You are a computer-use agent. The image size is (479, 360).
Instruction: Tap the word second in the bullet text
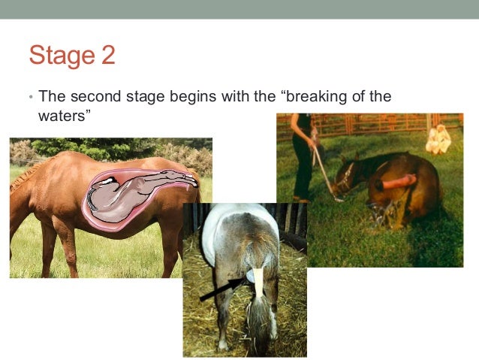coord(92,97)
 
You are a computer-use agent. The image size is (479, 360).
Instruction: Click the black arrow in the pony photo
coord(224,288)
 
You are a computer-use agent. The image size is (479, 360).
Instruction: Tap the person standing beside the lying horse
coord(305,154)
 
